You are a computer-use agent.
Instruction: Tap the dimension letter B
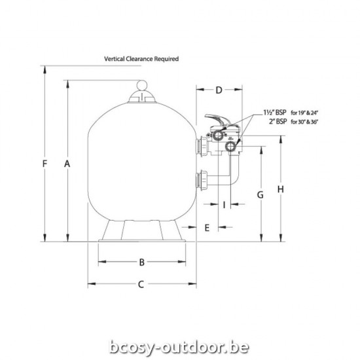[x=141, y=262]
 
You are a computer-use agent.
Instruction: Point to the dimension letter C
[x=141, y=284]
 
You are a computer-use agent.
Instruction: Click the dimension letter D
[x=219, y=89]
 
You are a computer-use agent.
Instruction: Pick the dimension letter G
[x=259, y=194]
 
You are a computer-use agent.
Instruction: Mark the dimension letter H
[x=280, y=189]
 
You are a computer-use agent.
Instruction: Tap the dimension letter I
[x=224, y=205]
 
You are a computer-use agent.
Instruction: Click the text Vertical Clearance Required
[x=141, y=58]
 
